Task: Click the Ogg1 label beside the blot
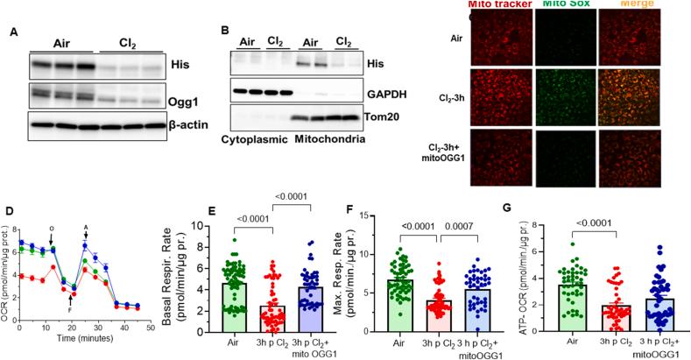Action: point(176,102)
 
